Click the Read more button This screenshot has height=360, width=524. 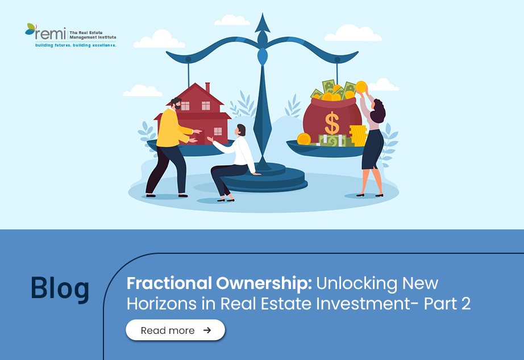[175, 330]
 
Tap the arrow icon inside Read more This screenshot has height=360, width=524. [207, 330]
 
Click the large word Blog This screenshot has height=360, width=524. [60, 288]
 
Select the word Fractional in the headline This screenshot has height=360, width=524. [169, 283]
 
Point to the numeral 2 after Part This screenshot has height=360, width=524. [465, 304]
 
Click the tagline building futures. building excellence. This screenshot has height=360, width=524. [76, 45]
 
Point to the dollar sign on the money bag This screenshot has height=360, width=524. [332, 123]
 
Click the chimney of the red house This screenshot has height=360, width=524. [207, 87]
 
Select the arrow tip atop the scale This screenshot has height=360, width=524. [263, 23]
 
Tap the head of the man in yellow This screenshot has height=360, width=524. [176, 103]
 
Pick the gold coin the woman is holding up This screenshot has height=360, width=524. [361, 87]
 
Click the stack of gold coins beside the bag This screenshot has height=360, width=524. [358, 136]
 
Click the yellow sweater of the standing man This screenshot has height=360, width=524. [171, 128]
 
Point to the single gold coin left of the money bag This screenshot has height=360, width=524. [304, 139]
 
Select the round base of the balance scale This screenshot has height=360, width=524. [263, 179]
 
